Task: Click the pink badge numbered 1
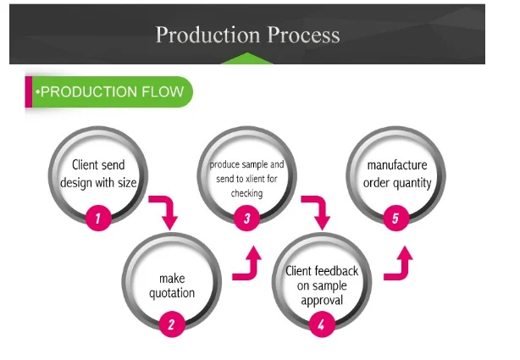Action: (98, 218)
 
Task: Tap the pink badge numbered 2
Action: (172, 324)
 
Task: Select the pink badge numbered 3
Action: (246, 218)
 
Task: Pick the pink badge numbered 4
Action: (322, 324)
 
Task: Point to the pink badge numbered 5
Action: (396, 218)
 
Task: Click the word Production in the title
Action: (208, 35)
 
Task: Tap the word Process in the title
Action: (304, 35)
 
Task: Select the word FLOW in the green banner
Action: (163, 91)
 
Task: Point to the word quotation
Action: (172, 293)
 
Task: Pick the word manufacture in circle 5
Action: (397, 165)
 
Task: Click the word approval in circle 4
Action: (322, 301)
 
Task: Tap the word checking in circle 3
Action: (246, 193)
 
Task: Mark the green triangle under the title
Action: (246, 58)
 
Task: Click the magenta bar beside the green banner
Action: (29, 92)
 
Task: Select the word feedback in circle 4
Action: (336, 271)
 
